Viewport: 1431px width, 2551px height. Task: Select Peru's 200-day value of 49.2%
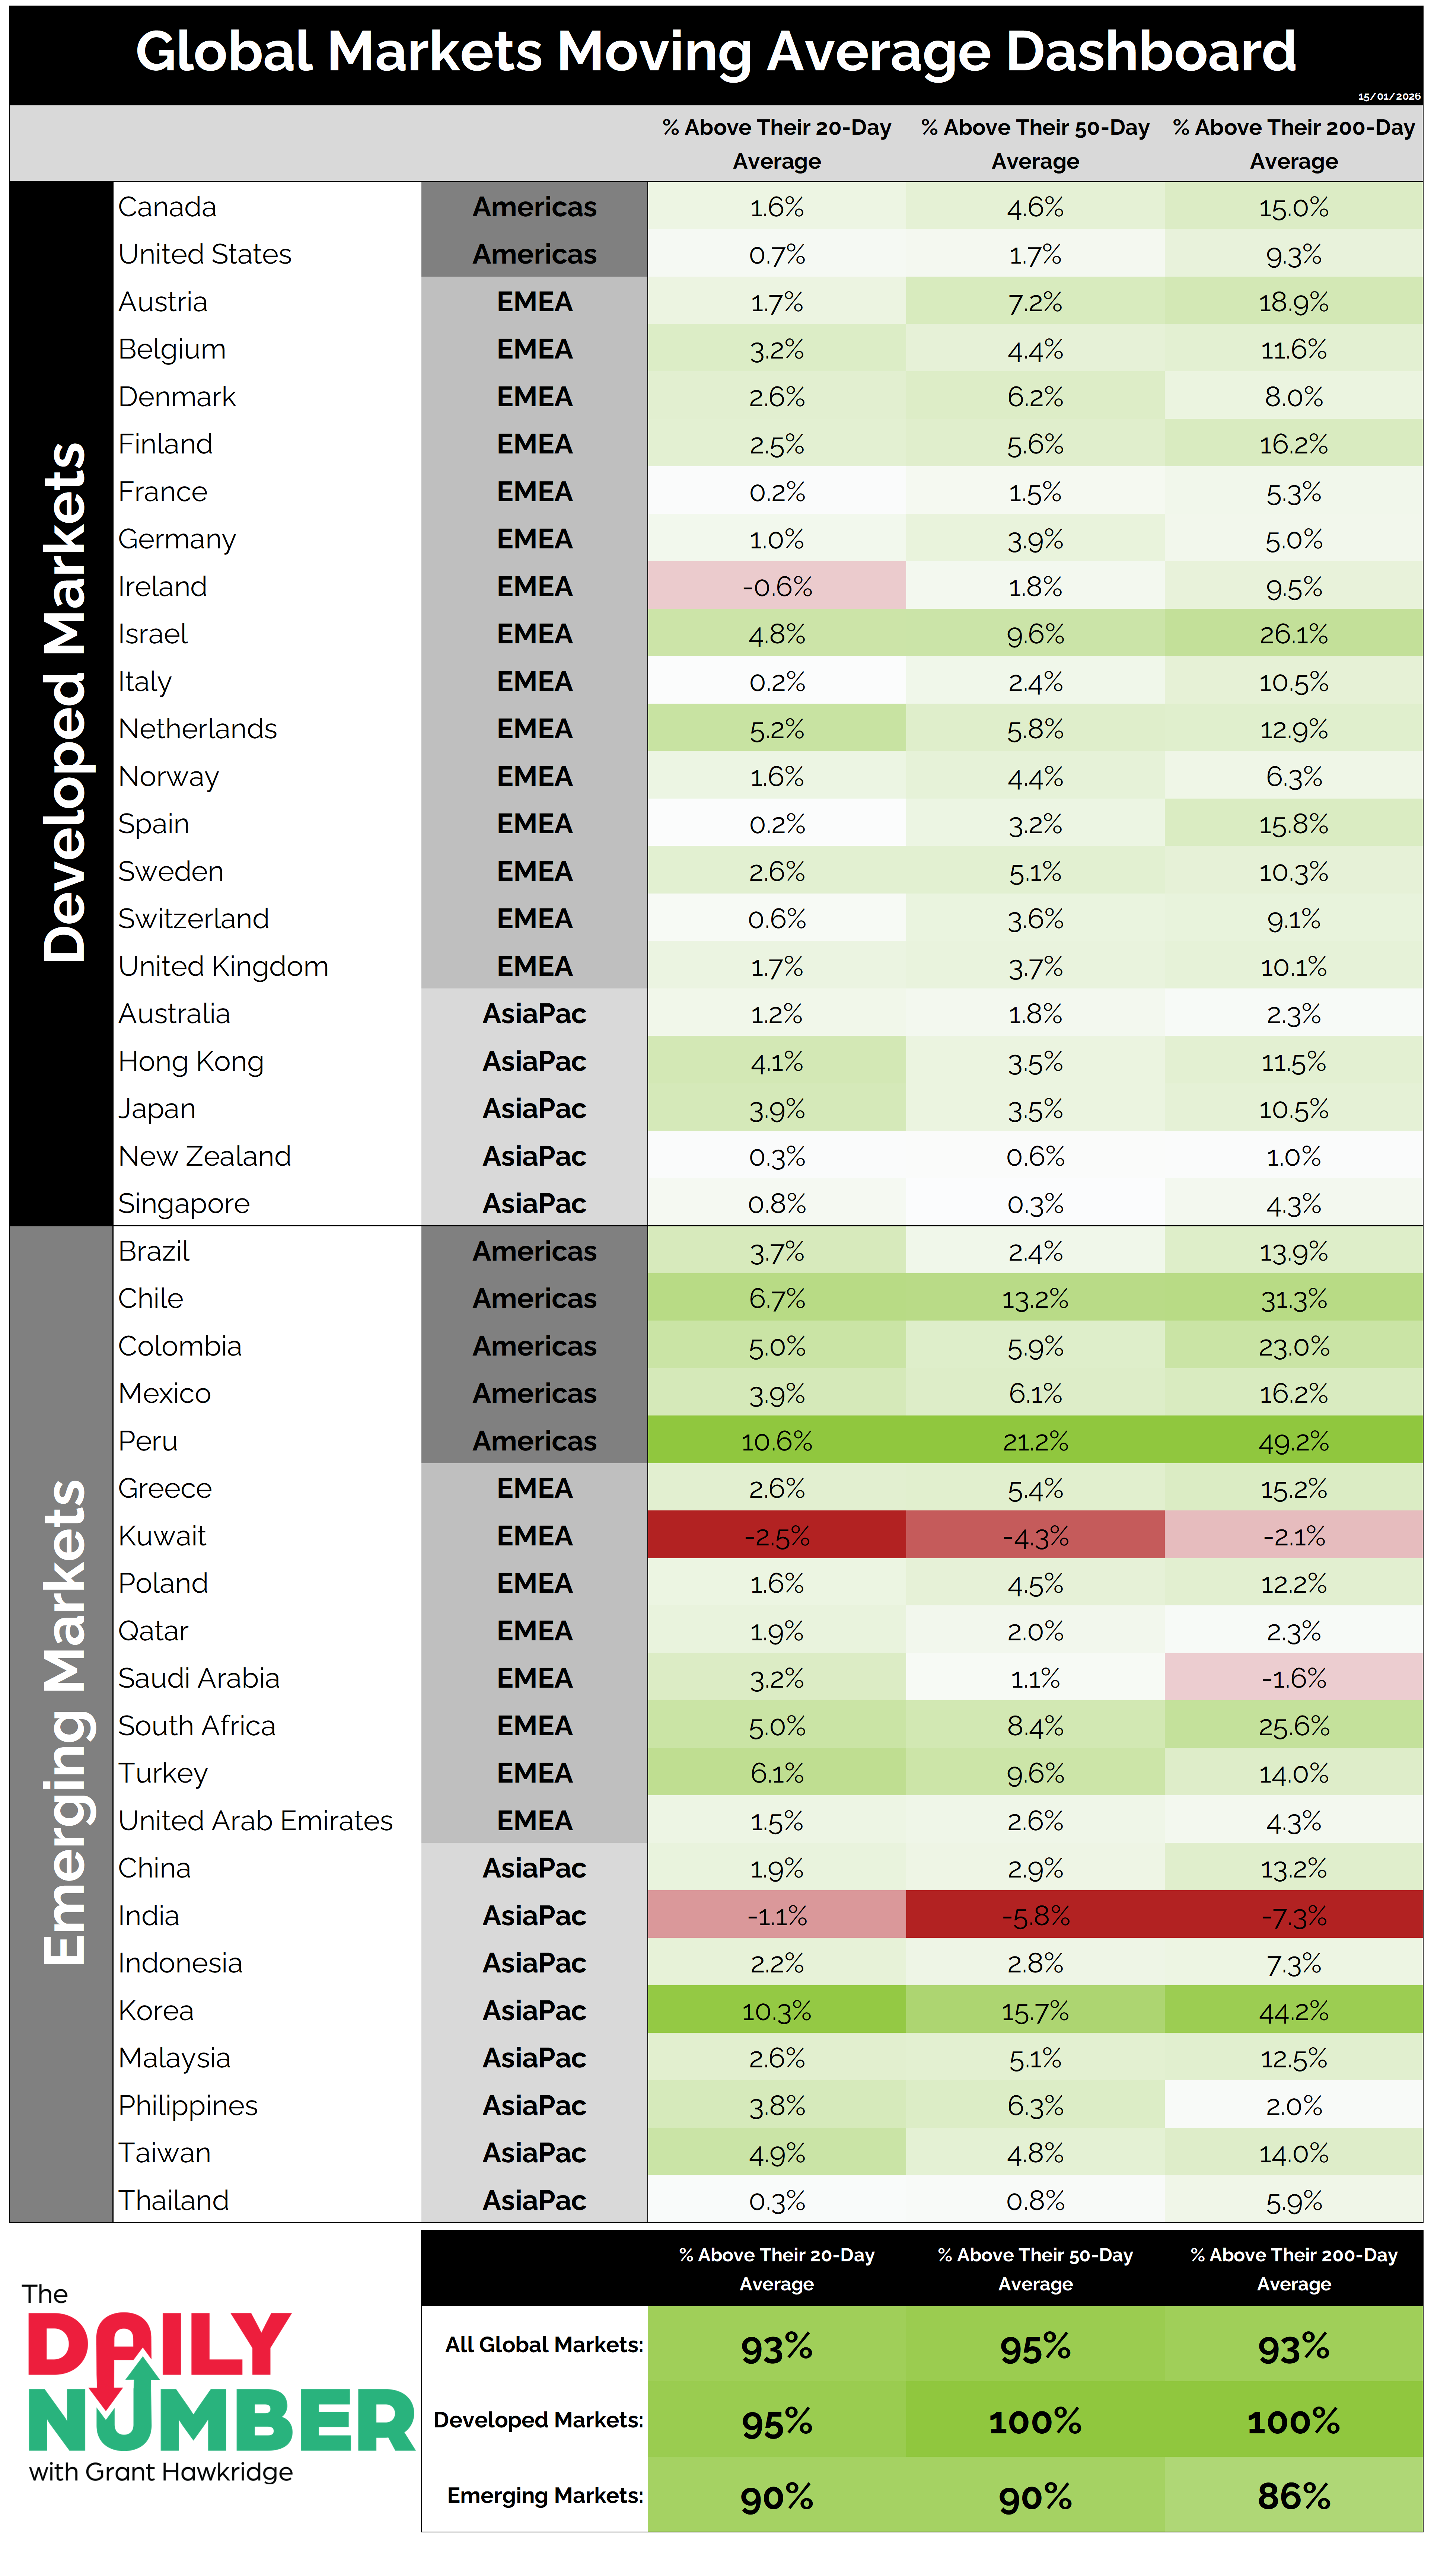click(1293, 1442)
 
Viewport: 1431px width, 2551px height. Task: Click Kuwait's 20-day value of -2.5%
click(777, 1537)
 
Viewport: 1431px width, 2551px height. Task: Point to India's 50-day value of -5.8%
click(1035, 1916)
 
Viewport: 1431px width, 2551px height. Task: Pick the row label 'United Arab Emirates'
click(255, 1821)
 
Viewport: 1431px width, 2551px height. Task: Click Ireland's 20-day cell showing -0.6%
click(777, 587)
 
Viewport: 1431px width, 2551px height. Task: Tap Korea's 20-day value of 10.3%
click(777, 2011)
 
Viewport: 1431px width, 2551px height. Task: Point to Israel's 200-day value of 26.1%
click(1293, 635)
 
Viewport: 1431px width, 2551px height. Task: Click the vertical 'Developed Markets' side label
click(64, 703)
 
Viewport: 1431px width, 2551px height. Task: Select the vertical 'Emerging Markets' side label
click(64, 1723)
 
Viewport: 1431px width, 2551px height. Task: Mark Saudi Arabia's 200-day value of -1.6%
click(1293, 1679)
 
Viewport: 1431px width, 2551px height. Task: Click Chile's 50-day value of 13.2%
click(1035, 1299)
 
